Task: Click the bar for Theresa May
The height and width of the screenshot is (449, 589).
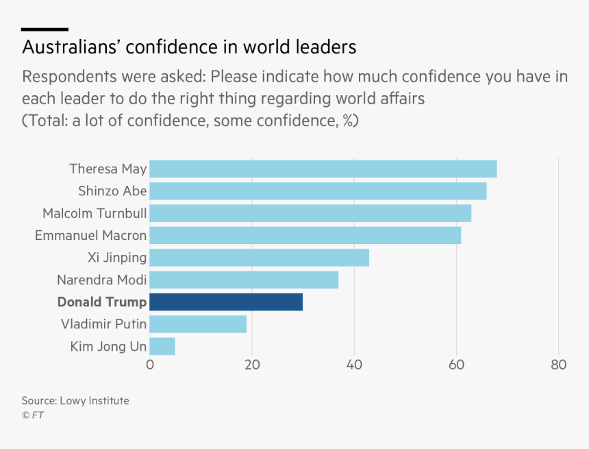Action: (323, 169)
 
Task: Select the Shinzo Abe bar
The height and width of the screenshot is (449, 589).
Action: (318, 191)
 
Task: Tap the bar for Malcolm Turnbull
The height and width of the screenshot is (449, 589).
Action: (310, 213)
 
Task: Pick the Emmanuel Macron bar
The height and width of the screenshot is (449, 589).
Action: (305, 235)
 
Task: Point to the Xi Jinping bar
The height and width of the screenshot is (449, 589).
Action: (259, 258)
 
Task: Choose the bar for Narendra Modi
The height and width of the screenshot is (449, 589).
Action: (244, 280)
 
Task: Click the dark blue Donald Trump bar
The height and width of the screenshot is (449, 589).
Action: (226, 302)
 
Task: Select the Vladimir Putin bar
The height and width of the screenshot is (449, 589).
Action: (198, 324)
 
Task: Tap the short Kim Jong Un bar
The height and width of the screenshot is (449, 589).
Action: (162, 346)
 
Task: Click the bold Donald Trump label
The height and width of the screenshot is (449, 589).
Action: (101, 302)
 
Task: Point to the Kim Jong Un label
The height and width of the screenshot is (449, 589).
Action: (108, 347)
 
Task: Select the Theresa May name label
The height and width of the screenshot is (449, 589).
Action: (108, 169)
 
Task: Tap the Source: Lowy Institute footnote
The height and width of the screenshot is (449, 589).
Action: (75, 400)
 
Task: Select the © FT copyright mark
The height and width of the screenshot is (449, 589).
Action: (33, 415)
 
